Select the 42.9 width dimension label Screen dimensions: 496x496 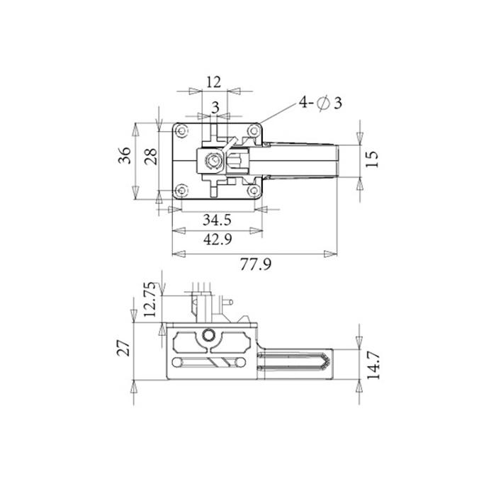tap(218, 239)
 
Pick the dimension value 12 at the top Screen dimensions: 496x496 tap(213, 81)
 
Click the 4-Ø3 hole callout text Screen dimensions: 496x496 tap(320, 103)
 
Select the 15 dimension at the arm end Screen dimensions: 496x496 tap(373, 157)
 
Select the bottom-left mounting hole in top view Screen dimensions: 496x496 tap(182, 189)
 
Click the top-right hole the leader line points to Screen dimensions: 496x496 tap(252, 130)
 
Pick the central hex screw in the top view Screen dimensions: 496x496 tap(211, 161)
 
